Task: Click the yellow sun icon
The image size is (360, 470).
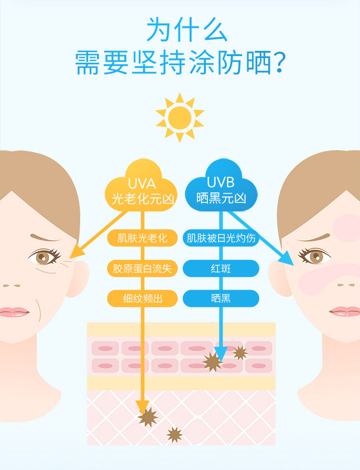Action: tap(180, 117)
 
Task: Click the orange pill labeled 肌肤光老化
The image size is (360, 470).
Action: tap(143, 238)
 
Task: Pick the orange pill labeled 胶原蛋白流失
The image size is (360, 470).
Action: tap(143, 269)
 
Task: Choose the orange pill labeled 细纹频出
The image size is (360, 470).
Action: tap(143, 299)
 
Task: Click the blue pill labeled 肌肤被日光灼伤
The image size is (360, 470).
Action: tap(221, 238)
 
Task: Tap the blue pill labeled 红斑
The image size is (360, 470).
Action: tap(221, 269)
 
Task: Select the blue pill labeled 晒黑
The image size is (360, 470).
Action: tap(221, 299)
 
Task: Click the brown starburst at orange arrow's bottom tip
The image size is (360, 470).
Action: tap(148, 417)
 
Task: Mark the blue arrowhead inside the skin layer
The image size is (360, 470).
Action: tap(220, 355)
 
